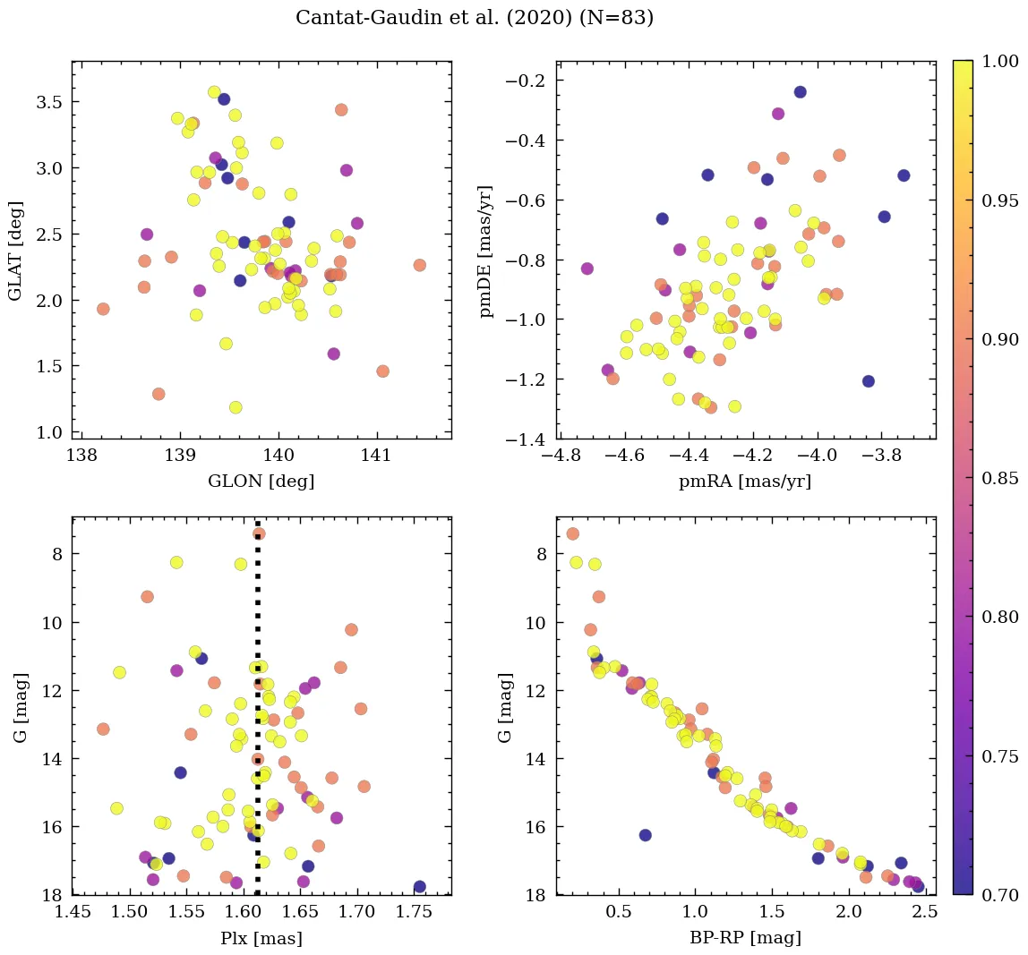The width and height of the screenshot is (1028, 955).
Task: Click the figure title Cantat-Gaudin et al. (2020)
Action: coord(474,18)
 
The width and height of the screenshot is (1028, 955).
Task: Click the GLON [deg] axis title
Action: coord(261,481)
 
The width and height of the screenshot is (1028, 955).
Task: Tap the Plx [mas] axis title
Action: coord(261,938)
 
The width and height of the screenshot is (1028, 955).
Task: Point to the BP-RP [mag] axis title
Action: coord(746,938)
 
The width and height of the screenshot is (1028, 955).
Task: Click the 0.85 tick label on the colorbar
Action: coord(1000,478)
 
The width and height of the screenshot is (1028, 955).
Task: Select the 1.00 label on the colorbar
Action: coord(1000,61)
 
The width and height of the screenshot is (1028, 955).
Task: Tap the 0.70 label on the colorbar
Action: coord(1000,894)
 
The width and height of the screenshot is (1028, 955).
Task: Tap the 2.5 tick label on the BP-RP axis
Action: coord(924,913)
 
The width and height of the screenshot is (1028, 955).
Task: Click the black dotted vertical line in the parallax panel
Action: coord(258,716)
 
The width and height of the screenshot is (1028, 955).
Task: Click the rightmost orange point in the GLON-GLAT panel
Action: coord(419,265)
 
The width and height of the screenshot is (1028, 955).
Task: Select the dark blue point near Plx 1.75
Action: coord(419,887)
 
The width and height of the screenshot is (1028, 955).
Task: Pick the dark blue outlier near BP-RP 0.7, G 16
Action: coord(645,835)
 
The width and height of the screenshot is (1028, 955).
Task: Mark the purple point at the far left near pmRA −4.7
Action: coord(587,269)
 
